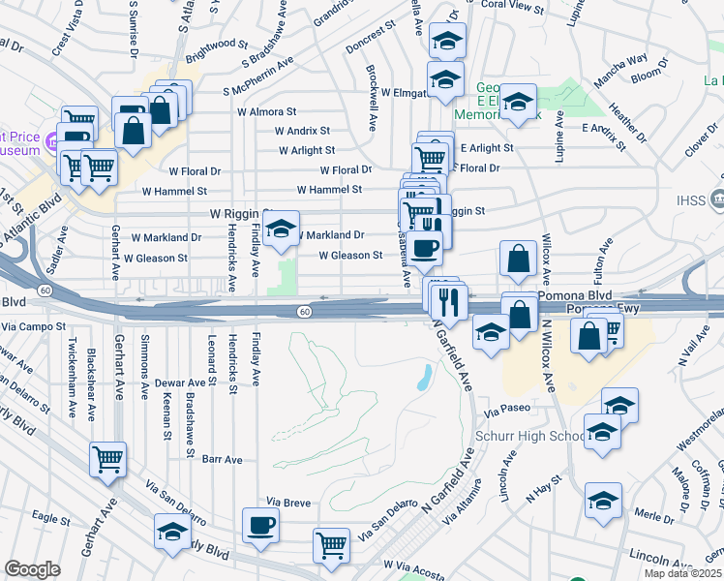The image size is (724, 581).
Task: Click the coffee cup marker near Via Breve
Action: click(x=260, y=526)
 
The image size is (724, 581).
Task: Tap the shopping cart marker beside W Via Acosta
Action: click(x=331, y=546)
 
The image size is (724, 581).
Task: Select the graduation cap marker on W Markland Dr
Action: click(x=282, y=229)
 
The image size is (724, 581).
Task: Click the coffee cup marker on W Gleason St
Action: click(x=424, y=249)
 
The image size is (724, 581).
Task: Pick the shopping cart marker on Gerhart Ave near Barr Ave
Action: click(x=107, y=459)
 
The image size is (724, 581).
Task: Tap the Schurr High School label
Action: click(x=530, y=436)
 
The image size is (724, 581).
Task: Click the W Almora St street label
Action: click(x=266, y=112)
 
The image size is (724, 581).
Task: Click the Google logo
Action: click(x=32, y=568)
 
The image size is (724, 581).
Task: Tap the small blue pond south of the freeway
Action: click(x=424, y=377)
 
